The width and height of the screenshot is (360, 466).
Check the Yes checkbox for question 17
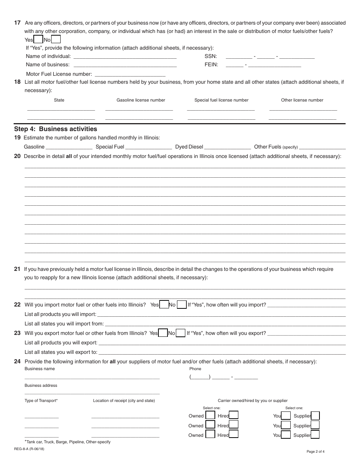coord(38,39)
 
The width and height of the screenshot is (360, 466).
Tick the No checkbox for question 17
coord(56,39)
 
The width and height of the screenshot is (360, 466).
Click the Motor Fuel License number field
coord(129,75)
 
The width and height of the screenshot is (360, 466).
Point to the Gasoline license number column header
coord(141,100)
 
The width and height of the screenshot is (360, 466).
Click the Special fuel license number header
coord(221,100)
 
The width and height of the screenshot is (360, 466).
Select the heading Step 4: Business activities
coord(55,129)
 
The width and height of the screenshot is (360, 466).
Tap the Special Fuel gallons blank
coord(149,147)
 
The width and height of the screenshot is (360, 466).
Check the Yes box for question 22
coord(164,305)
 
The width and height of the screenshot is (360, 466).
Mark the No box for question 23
coord(181,333)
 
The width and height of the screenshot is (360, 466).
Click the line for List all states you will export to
coord(222,353)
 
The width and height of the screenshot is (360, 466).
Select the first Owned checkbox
coord(210,416)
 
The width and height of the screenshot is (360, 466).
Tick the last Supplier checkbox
coord(315,435)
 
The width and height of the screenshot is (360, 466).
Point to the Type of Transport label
coord(41,400)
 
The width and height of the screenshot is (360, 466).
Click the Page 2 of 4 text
coord(315,451)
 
